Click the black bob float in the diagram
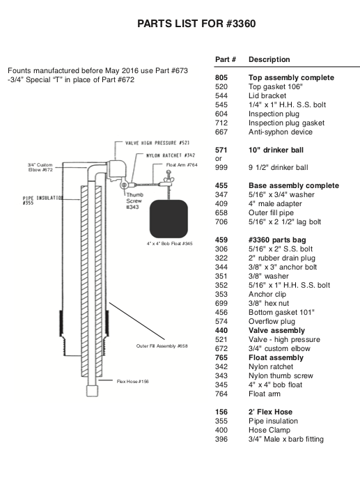tap(169, 219)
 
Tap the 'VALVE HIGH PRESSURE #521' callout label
tap(157, 143)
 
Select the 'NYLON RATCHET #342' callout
tap(171, 155)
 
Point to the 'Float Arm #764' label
tap(182, 165)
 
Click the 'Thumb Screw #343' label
tap(134, 201)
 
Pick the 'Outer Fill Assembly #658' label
tap(162, 345)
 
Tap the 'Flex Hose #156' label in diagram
tap(132, 382)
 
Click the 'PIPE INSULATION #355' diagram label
tap(42, 200)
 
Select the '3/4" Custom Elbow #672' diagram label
tap(40, 167)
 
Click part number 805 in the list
tap(221, 78)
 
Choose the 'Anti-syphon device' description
tap(281, 132)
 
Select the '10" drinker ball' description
tap(276, 150)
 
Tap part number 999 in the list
tap(221, 168)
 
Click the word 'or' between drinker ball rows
tap(218, 159)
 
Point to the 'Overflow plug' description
tap(272, 322)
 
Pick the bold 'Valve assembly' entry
tap(276, 330)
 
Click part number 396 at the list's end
tap(221, 440)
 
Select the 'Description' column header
tap(269, 59)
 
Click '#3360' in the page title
tap(240, 24)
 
